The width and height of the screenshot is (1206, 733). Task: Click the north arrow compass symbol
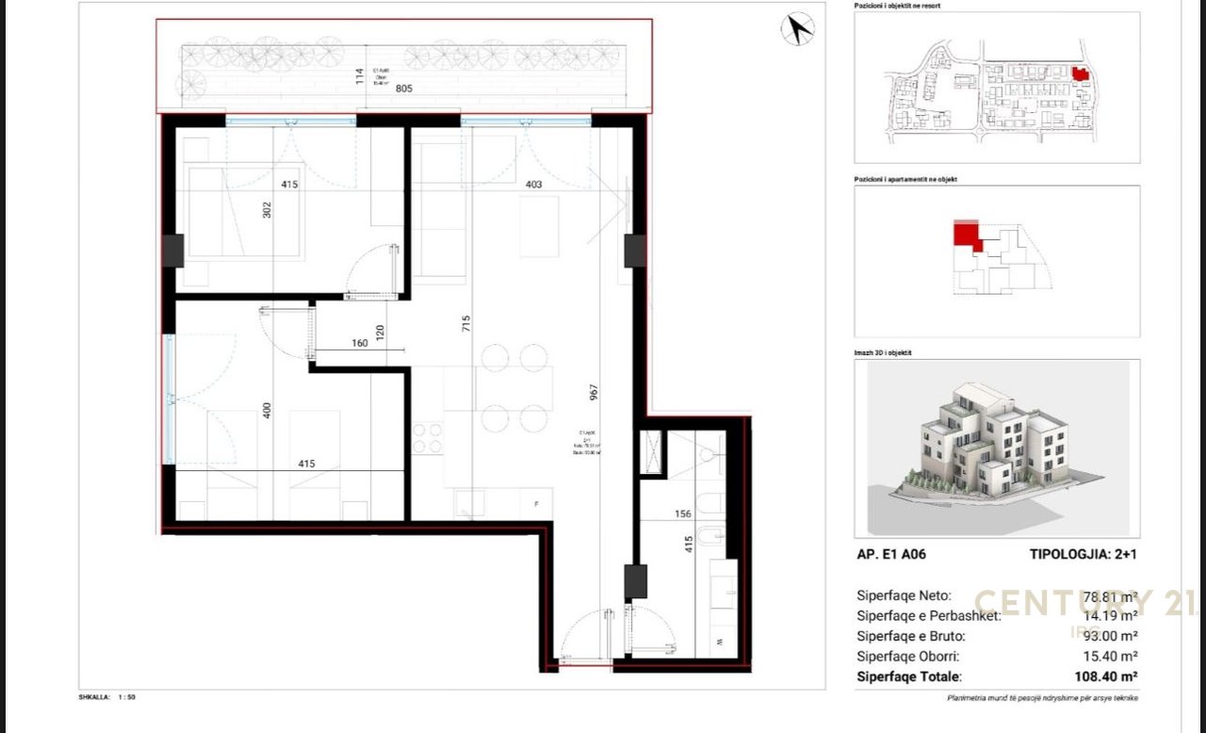tap(797, 29)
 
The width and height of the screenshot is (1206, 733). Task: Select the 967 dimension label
tap(593, 394)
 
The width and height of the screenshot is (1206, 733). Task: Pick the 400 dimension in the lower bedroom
tap(267, 411)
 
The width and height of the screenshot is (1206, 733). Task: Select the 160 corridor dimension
tap(359, 343)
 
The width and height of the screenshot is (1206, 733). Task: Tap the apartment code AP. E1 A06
tap(891, 554)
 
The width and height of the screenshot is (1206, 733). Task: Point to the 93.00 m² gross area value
tap(1112, 636)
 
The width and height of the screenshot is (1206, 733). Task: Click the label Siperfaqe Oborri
tap(904, 656)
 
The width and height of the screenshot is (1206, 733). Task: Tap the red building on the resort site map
tap(1080, 73)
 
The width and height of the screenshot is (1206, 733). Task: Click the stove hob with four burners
tap(428, 438)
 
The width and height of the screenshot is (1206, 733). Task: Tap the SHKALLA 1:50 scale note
tap(107, 697)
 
